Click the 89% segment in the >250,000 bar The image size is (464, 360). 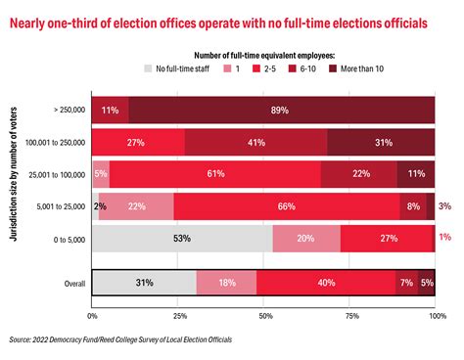click(281, 111)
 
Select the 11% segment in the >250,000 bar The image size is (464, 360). click(110, 111)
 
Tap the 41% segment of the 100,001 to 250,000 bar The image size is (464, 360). click(255, 142)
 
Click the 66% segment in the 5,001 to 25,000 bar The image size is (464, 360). click(287, 205)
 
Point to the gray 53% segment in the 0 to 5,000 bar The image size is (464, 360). click(182, 237)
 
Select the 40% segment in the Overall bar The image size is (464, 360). click(325, 283)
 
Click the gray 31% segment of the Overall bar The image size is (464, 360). click(144, 283)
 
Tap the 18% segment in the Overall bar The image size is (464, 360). click(226, 283)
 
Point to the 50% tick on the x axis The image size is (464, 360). click(264, 316)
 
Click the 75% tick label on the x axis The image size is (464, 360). click(350, 316)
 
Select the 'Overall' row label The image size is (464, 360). click(73, 283)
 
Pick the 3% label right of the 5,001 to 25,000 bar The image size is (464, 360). click(444, 205)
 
